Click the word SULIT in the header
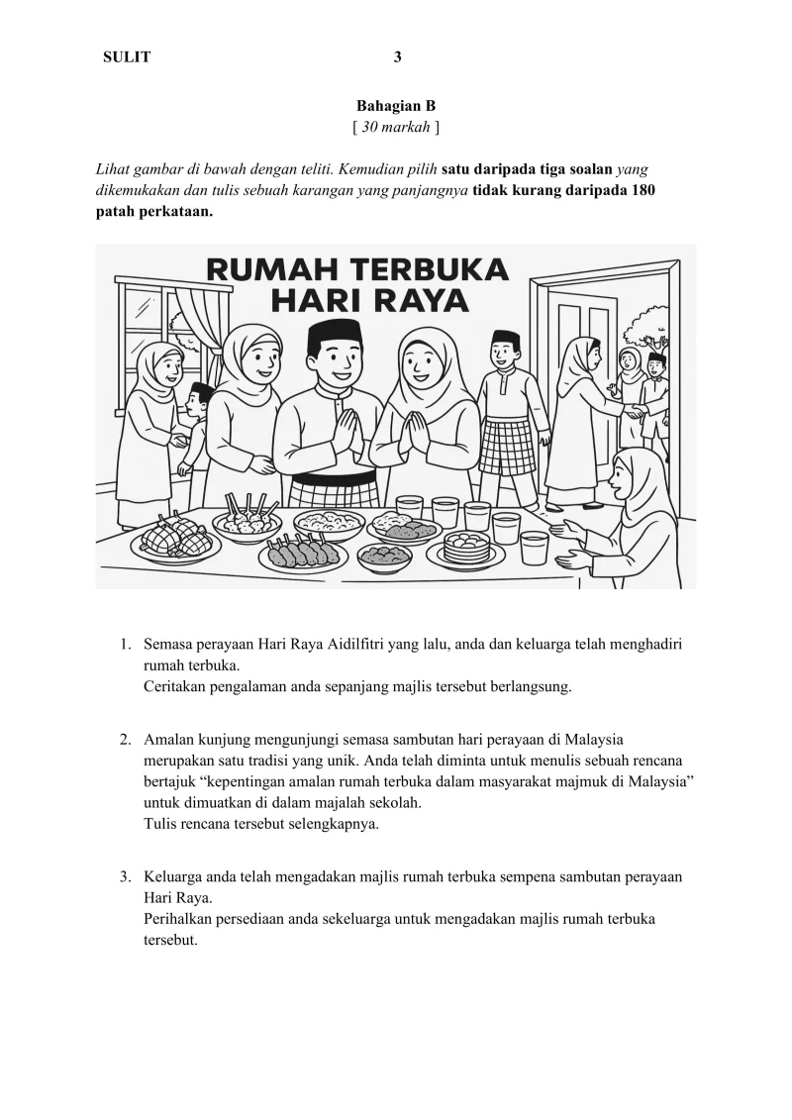pos(127,57)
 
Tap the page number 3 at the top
pos(397,57)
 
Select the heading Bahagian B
pos(396,105)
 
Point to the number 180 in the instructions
pos(638,190)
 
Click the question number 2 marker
pos(126,739)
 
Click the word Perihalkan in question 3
pos(179,919)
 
